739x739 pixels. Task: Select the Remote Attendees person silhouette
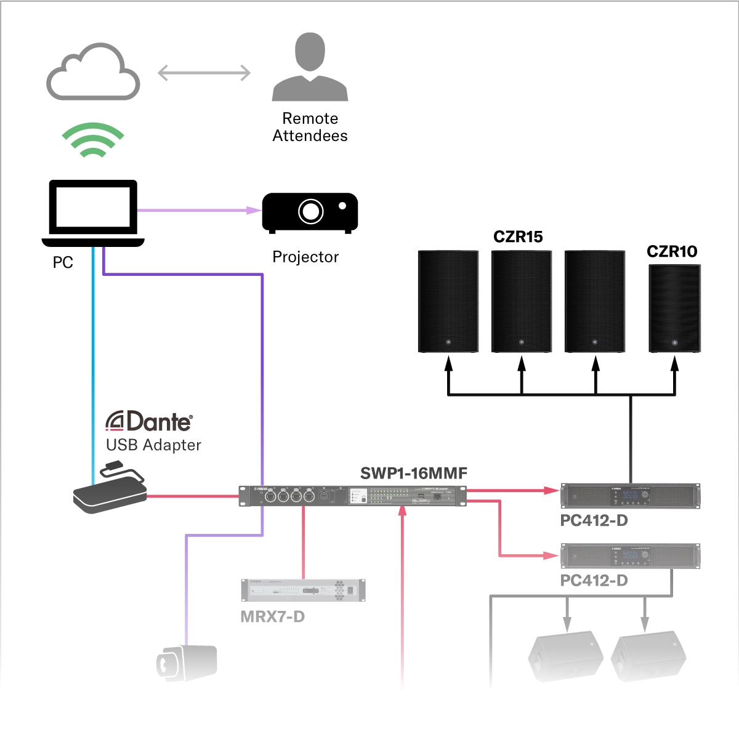(x=310, y=68)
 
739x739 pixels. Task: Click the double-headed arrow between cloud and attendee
(x=204, y=73)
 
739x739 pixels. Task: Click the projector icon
(x=310, y=212)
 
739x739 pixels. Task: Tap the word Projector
(x=305, y=257)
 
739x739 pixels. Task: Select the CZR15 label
(x=518, y=237)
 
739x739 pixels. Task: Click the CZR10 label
(x=672, y=251)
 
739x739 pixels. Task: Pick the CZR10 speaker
(x=674, y=309)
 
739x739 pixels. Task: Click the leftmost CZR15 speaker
(x=448, y=301)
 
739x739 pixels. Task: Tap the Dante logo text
(x=150, y=422)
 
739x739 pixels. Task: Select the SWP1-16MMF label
(x=413, y=473)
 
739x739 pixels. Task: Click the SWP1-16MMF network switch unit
(x=352, y=496)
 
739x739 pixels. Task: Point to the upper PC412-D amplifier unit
(x=630, y=496)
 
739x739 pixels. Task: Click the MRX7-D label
(x=272, y=616)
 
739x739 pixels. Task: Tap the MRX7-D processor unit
(x=303, y=590)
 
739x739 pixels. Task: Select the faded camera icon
(x=186, y=663)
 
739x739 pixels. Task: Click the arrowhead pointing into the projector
(x=254, y=210)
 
